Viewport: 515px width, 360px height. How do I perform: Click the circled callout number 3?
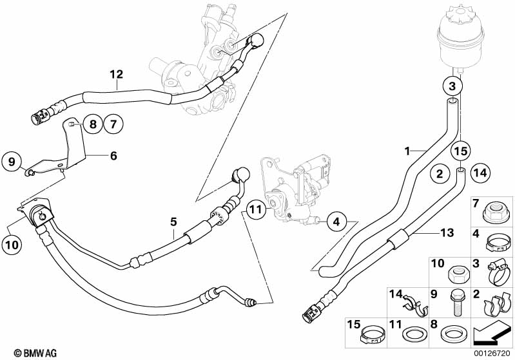coord(452,86)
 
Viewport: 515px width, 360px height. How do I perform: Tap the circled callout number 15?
coord(460,151)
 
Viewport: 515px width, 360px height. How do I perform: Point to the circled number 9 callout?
coord(12,162)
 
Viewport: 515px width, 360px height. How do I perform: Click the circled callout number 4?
coord(336,222)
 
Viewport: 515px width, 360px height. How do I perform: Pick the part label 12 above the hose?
coord(117,74)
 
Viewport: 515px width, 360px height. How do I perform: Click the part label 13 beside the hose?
coord(447,232)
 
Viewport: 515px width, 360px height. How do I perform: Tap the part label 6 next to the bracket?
coord(113,156)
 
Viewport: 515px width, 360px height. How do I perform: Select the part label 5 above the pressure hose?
coord(173,222)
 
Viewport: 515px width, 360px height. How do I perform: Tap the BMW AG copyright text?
coord(35,353)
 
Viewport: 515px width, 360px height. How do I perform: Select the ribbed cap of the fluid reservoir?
coord(460,15)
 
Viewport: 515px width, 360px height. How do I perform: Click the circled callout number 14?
coord(480,173)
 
